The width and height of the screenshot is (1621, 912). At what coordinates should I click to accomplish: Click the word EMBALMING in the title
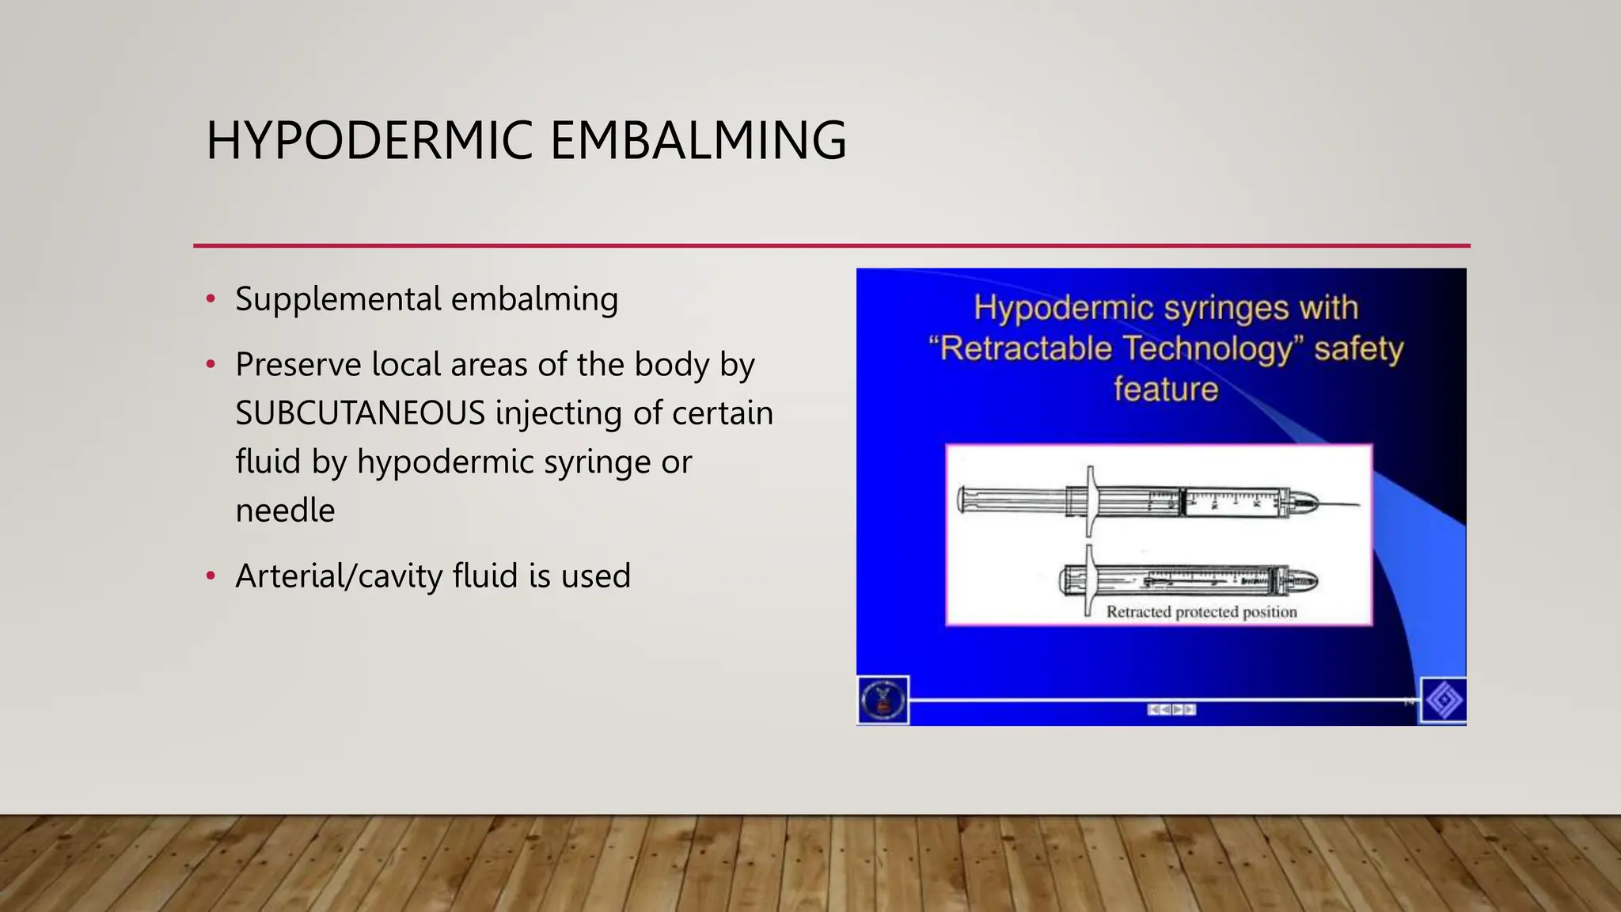(x=697, y=141)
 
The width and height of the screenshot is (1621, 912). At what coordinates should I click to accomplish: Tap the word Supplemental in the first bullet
(x=338, y=299)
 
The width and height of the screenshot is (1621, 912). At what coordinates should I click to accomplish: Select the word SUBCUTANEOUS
(x=360, y=413)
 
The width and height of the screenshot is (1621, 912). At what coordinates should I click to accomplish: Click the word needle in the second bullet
(x=285, y=511)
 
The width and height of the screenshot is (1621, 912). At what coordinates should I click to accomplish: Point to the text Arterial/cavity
(x=339, y=576)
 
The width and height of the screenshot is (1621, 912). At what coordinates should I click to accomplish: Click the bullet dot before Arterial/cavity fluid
(x=211, y=576)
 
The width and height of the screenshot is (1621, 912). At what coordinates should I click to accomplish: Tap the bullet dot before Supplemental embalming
(x=211, y=299)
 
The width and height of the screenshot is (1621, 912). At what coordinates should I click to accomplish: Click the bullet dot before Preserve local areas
(x=211, y=365)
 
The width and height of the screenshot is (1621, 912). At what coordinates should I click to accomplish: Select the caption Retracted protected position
(x=1201, y=612)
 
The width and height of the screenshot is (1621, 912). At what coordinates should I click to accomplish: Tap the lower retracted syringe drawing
(x=1187, y=581)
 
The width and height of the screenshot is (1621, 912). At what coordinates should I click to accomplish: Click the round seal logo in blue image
(x=883, y=701)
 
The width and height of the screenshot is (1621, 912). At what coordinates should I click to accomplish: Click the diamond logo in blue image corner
(x=1444, y=701)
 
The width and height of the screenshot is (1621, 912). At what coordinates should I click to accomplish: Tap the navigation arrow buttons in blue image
(x=1171, y=709)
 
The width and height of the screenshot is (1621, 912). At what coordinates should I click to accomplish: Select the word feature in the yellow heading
(x=1165, y=389)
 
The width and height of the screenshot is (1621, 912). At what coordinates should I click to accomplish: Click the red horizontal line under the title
(x=831, y=245)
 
